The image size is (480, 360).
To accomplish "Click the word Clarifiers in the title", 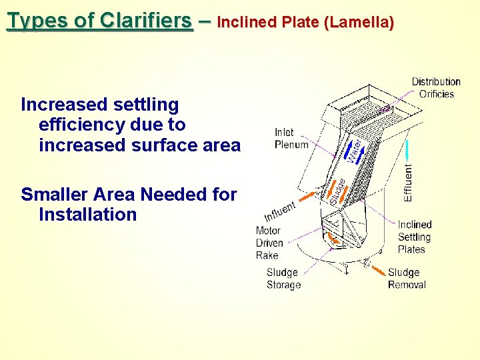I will pos(146,21).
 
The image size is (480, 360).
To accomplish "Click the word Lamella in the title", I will pos(359,23).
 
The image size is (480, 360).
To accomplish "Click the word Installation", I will pos(88,215).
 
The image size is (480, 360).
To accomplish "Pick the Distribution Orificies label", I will pos(436,87).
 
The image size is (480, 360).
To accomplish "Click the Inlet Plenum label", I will pos(291,139).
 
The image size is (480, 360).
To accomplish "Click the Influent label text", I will pos(280,211).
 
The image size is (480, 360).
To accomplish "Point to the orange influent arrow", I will pos(309,197).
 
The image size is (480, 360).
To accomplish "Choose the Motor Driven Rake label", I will pos(269,243).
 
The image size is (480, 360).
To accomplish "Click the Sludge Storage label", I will pos(283,279).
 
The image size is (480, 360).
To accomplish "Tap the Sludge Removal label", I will pos(407,279).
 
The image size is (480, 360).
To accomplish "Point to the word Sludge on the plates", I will pos(337,191).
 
